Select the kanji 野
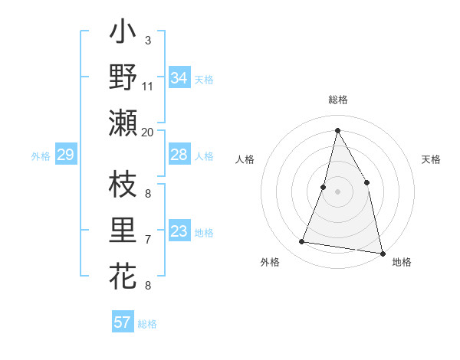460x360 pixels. click(x=123, y=77)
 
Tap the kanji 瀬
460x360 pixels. click(x=123, y=123)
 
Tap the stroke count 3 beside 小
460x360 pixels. click(x=147, y=41)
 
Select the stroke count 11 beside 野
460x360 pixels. click(x=148, y=86)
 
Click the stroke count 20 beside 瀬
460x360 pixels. click(x=148, y=132)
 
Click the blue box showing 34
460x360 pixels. click(x=179, y=78)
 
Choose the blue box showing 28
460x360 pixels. click(x=179, y=155)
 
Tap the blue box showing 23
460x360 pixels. click(x=179, y=231)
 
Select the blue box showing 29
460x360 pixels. click(x=65, y=155)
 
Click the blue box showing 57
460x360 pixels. click(x=123, y=322)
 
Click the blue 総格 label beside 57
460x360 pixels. click(x=147, y=324)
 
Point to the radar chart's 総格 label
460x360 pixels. click(x=337, y=100)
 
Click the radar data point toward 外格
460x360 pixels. click(x=302, y=242)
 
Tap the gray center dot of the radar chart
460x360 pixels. click(x=337, y=191)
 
